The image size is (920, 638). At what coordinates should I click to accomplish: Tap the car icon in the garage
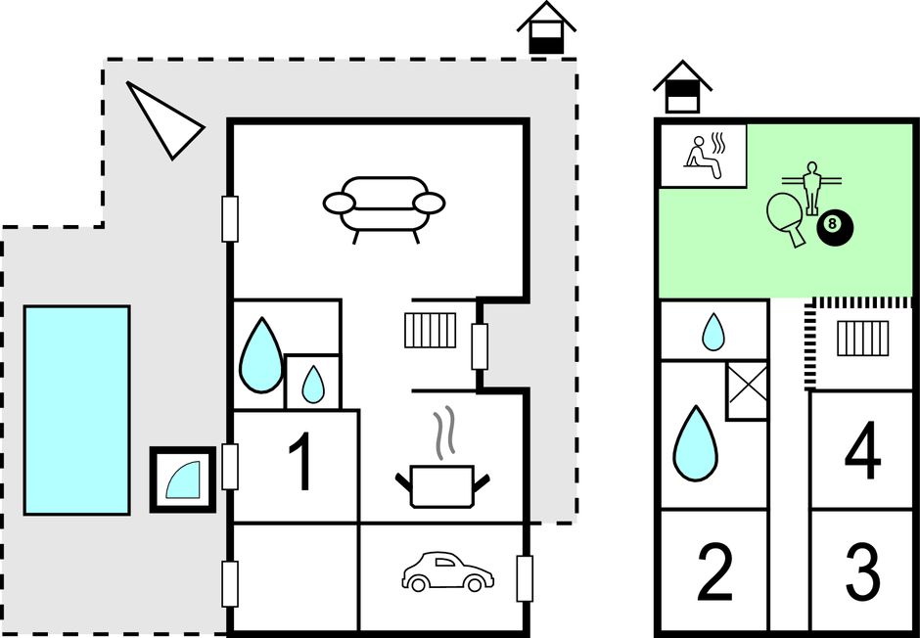pyautogui.click(x=447, y=571)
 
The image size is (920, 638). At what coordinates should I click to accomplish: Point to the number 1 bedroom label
pyautogui.click(x=301, y=462)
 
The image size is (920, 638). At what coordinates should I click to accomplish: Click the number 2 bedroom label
pyautogui.click(x=714, y=572)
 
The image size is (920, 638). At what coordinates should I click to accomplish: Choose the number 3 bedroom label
pyautogui.click(x=862, y=572)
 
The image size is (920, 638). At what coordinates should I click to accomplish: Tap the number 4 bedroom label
pyautogui.click(x=862, y=450)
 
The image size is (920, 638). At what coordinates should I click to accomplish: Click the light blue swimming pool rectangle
pyautogui.click(x=77, y=410)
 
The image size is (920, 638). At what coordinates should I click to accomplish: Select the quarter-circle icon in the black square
pyautogui.click(x=183, y=479)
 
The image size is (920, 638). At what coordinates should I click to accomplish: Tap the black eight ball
pyautogui.click(x=835, y=229)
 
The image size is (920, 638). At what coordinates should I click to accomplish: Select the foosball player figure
pyautogui.click(x=812, y=188)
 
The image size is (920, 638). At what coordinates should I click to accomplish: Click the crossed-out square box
pyautogui.click(x=747, y=390)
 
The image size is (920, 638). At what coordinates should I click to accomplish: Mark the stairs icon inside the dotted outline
pyautogui.click(x=862, y=339)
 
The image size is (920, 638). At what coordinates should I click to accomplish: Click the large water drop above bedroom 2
pyautogui.click(x=695, y=443)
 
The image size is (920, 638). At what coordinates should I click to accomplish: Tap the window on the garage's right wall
pyautogui.click(x=525, y=578)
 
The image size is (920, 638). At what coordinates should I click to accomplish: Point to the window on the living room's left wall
pyautogui.click(x=230, y=219)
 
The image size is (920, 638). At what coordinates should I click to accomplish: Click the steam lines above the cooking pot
pyautogui.click(x=444, y=433)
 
